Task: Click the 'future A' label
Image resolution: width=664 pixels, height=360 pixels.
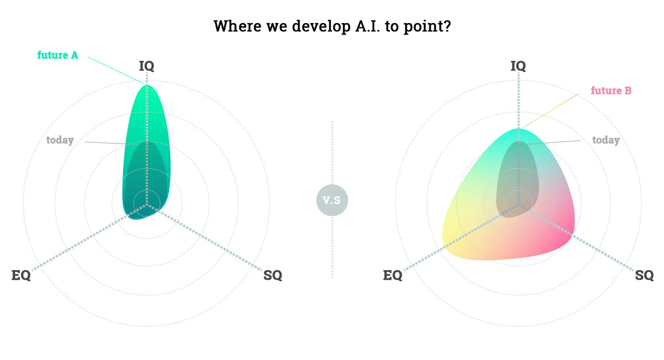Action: [x=58, y=55]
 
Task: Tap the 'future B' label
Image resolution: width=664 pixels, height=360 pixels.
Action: [x=611, y=90]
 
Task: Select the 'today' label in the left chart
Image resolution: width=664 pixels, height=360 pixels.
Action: [x=60, y=140]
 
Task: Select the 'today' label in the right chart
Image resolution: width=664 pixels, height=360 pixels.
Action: [x=606, y=140]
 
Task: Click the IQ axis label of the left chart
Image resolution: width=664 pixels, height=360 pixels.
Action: [x=147, y=66]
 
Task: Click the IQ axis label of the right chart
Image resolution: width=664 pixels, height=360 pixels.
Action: [x=518, y=66]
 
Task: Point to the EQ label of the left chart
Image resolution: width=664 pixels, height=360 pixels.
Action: [x=21, y=275]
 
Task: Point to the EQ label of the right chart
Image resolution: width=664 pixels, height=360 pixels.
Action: [x=392, y=275]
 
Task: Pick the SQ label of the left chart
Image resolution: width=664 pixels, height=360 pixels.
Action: [x=273, y=275]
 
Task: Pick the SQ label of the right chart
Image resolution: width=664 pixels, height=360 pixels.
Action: [x=644, y=275]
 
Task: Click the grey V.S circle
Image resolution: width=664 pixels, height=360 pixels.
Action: [x=332, y=201]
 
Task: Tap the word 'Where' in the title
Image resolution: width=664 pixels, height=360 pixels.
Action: [x=237, y=26]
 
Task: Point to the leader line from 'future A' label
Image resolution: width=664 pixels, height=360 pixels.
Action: [x=116, y=71]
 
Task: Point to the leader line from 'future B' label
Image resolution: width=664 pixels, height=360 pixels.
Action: [x=551, y=111]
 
